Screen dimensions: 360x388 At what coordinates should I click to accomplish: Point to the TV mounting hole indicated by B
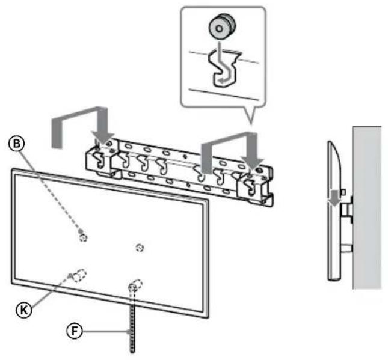pos(83,236)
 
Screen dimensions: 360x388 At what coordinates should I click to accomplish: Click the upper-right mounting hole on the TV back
pos(140,247)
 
